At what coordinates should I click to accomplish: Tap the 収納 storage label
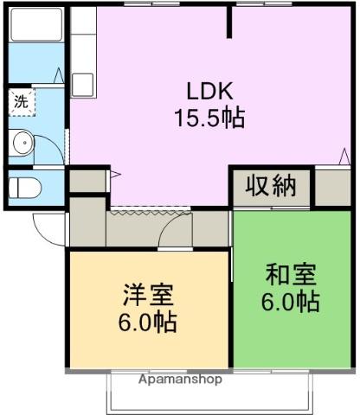click(271, 187)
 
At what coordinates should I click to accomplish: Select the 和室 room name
click(291, 278)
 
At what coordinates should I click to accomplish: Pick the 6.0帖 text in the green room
click(291, 303)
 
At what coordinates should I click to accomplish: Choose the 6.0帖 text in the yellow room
click(148, 322)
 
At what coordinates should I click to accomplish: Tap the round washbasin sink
click(22, 142)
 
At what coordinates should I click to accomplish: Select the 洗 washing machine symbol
click(20, 101)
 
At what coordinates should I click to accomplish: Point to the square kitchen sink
click(83, 84)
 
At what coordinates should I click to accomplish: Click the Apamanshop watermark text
click(180, 380)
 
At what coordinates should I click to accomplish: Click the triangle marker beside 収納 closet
click(341, 156)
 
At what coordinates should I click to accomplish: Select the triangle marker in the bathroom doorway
click(59, 75)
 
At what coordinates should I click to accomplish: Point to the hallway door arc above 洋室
click(177, 232)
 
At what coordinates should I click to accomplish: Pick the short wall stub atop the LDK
click(230, 22)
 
